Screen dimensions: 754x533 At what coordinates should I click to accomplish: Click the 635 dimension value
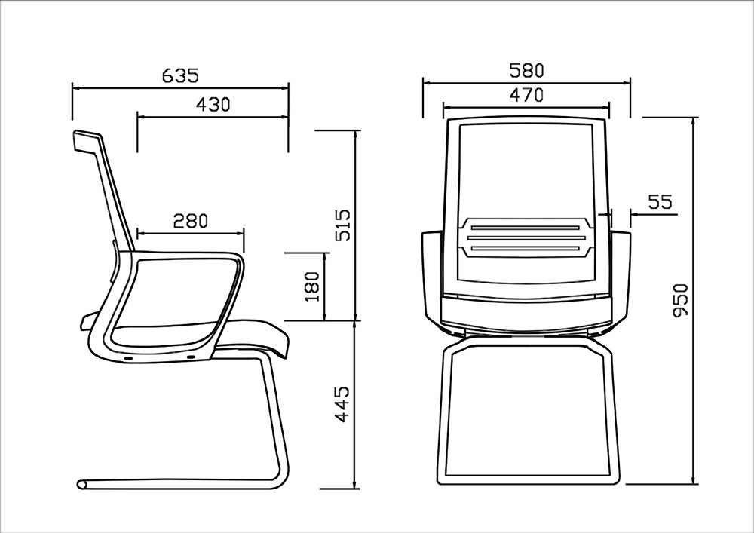coord(180,75)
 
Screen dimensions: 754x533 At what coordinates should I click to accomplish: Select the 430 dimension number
coord(213,104)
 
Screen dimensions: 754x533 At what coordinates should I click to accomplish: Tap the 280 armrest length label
coord(191,221)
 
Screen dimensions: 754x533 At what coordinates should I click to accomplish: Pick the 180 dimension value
coord(313,286)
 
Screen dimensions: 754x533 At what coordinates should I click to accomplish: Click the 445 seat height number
coord(343,404)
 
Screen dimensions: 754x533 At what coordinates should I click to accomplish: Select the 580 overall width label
coord(526,71)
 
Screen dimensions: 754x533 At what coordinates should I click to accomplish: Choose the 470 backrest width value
coord(526,95)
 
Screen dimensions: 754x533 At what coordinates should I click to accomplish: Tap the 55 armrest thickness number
coord(660,202)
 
